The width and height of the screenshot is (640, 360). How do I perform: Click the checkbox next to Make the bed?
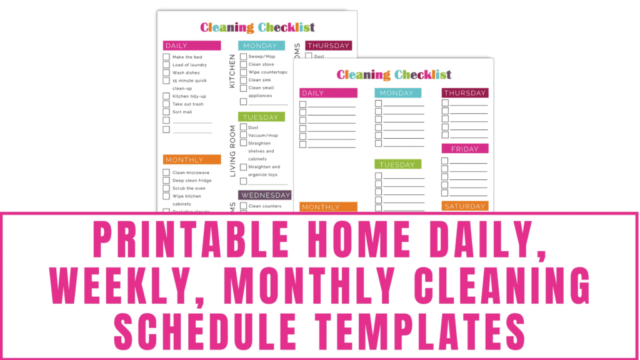pos(166,57)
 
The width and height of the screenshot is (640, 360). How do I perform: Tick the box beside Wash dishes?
pos(166,72)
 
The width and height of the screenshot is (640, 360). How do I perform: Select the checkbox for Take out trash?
pos(166,104)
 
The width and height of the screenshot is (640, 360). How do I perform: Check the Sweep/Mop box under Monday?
pos(243,56)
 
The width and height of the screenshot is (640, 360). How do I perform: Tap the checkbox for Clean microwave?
pos(166,172)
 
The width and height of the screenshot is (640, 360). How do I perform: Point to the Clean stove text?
pos(262,64)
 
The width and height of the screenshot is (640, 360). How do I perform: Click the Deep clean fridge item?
pos(192,181)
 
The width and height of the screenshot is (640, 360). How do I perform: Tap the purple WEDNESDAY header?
pos(265,195)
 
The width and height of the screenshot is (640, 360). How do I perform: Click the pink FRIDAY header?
pos(465,149)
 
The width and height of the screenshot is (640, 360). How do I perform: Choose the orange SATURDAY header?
pos(465,206)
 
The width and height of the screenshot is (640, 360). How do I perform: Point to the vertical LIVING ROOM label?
pos(232,151)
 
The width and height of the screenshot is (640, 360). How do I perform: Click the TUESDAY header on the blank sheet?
pos(397,164)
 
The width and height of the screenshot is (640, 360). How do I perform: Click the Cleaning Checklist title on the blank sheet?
pos(394,75)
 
